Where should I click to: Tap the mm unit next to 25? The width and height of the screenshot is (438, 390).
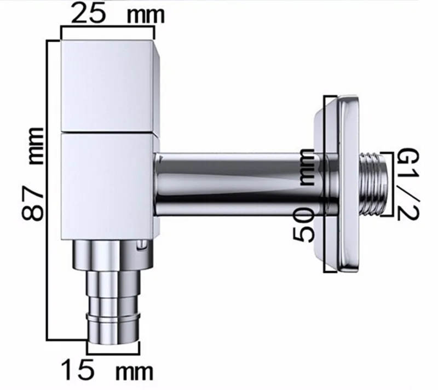coord(146,16)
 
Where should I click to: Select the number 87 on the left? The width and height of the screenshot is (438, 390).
coord(33,202)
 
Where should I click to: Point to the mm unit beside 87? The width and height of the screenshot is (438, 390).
coord(37,146)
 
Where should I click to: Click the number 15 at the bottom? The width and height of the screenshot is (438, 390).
coord(77,370)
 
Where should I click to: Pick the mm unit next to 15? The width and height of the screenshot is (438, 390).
coord(135,372)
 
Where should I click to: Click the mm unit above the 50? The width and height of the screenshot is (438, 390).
coord(307,168)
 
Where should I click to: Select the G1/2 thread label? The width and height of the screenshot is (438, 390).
coord(408,184)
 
